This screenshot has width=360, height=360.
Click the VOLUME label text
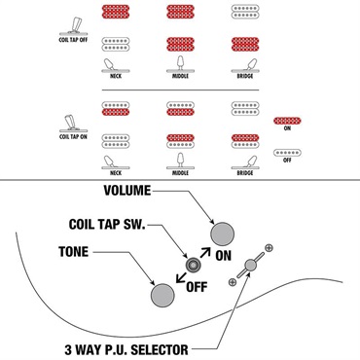127,191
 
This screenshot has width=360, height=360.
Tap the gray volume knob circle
222,234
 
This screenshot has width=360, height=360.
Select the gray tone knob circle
162,295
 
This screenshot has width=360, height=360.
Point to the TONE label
73,252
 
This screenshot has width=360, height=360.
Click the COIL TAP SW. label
107,224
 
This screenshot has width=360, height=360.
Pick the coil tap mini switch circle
193,266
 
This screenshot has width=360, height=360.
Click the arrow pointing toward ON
205,252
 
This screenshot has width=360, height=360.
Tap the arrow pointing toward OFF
181,277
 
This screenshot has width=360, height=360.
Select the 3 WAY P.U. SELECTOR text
126,349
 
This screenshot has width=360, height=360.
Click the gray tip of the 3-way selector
250,265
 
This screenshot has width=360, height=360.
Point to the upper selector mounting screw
269,248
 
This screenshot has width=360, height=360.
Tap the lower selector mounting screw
232,282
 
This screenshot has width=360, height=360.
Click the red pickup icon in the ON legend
287,121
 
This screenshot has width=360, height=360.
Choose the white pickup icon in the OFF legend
287,153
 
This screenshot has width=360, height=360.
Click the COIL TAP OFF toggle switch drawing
74,26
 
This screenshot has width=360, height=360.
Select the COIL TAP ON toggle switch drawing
73,124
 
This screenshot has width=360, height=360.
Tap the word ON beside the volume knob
223,256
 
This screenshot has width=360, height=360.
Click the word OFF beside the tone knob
197,287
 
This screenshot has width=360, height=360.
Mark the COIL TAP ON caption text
73,137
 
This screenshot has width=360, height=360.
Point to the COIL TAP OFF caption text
73,40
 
